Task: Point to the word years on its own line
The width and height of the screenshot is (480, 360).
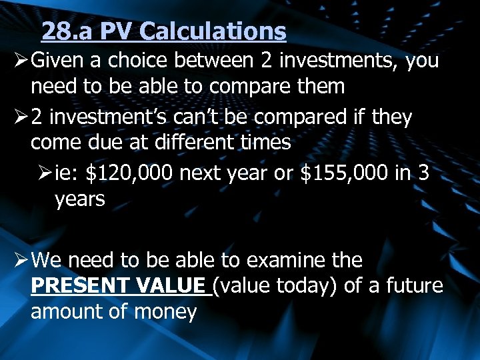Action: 80,199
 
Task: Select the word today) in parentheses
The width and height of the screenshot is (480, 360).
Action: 307,286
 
